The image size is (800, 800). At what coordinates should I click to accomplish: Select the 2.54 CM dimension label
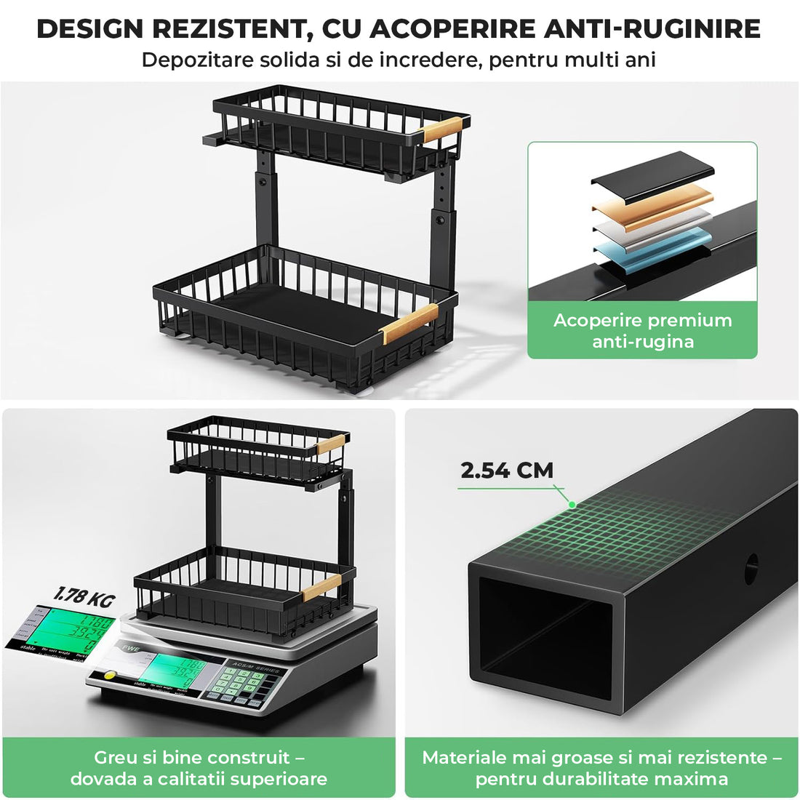pyautogui.click(x=507, y=471)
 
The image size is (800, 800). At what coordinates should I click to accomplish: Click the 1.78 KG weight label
pyautogui.click(x=85, y=598)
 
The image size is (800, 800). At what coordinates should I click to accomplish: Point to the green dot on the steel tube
pyautogui.click(x=572, y=504)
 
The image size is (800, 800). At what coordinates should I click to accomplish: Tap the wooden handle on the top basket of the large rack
pyautogui.click(x=443, y=129)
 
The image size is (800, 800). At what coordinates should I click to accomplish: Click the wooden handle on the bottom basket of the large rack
pyautogui.click(x=409, y=323)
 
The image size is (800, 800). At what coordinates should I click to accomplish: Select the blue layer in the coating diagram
pyautogui.click(x=651, y=247)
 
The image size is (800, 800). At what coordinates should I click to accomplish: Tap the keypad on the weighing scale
pyautogui.click(x=241, y=684)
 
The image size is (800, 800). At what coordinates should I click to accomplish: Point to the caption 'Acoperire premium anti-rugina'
pyautogui.click(x=642, y=331)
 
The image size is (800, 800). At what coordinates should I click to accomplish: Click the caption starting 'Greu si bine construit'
pyautogui.click(x=199, y=768)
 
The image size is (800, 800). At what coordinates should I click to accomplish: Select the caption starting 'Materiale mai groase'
pyautogui.click(x=601, y=768)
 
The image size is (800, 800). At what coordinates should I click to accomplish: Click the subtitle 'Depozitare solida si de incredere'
pyautogui.click(x=399, y=60)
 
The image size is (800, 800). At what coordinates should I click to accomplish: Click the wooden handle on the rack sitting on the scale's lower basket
pyautogui.click(x=321, y=586)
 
